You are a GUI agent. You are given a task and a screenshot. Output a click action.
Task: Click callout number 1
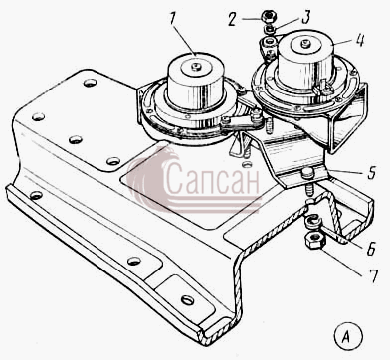click(172, 22)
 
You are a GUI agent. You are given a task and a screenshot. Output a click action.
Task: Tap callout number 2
click(231, 20)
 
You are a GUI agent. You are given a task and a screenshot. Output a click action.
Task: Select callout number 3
click(305, 17)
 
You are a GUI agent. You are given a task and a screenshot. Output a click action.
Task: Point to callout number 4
click(359, 40)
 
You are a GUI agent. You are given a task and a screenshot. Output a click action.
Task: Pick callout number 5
click(372, 172)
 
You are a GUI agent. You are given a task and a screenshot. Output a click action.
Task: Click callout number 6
click(371, 248)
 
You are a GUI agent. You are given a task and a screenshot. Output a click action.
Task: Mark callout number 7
click(374, 275)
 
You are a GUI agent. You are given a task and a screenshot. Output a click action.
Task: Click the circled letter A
click(347, 337)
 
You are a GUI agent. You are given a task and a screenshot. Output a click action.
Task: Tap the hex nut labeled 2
click(268, 16)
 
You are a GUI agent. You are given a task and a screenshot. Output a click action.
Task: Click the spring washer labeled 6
click(313, 222)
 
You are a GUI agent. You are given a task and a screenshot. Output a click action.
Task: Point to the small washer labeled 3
click(270, 28)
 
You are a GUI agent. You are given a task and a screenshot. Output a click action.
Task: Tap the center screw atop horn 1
click(197, 67)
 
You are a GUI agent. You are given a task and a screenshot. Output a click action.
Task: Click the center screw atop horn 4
click(304, 44)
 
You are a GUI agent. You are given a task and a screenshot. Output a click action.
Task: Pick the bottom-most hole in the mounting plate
click(188, 300)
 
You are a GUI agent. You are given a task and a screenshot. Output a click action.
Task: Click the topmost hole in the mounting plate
click(90, 83)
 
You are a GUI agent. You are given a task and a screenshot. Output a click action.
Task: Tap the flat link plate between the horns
click(243, 122)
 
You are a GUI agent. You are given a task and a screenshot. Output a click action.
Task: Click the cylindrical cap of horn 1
click(196, 83)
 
